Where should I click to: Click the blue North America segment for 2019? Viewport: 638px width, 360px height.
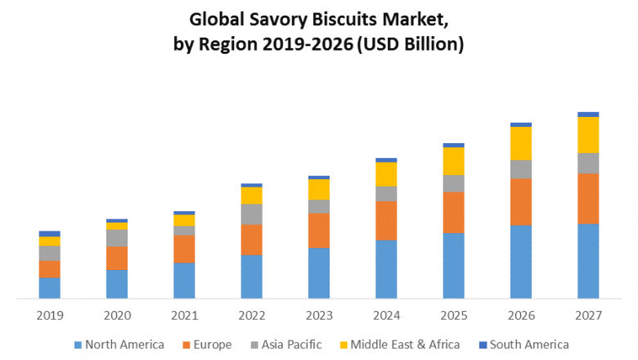(x=49, y=288)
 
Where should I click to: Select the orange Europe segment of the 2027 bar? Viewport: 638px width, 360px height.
(x=588, y=198)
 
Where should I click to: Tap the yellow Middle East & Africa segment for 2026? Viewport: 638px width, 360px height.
(x=521, y=143)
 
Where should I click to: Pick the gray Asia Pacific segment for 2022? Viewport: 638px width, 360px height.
(x=252, y=214)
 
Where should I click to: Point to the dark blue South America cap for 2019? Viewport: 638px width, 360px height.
(x=49, y=234)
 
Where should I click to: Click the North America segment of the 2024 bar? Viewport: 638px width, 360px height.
(x=386, y=269)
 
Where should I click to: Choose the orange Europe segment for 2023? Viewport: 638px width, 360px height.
(x=319, y=231)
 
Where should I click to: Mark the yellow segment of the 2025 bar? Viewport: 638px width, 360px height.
(x=453, y=161)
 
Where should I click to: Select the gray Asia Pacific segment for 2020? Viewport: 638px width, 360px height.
(x=117, y=238)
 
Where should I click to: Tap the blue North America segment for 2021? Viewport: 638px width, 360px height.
(x=184, y=281)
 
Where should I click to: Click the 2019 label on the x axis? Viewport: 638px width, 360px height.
(x=49, y=315)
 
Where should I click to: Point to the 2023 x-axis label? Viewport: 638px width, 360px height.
(x=319, y=315)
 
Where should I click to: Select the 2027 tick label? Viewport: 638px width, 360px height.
(x=588, y=315)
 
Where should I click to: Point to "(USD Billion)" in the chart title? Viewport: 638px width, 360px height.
(x=411, y=44)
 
